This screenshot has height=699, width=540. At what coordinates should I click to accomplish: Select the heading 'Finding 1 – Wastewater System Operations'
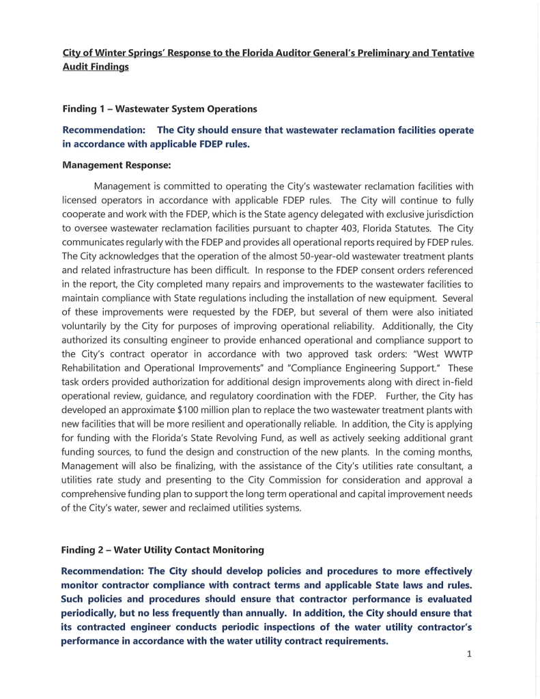pyautogui.click(x=159, y=109)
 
